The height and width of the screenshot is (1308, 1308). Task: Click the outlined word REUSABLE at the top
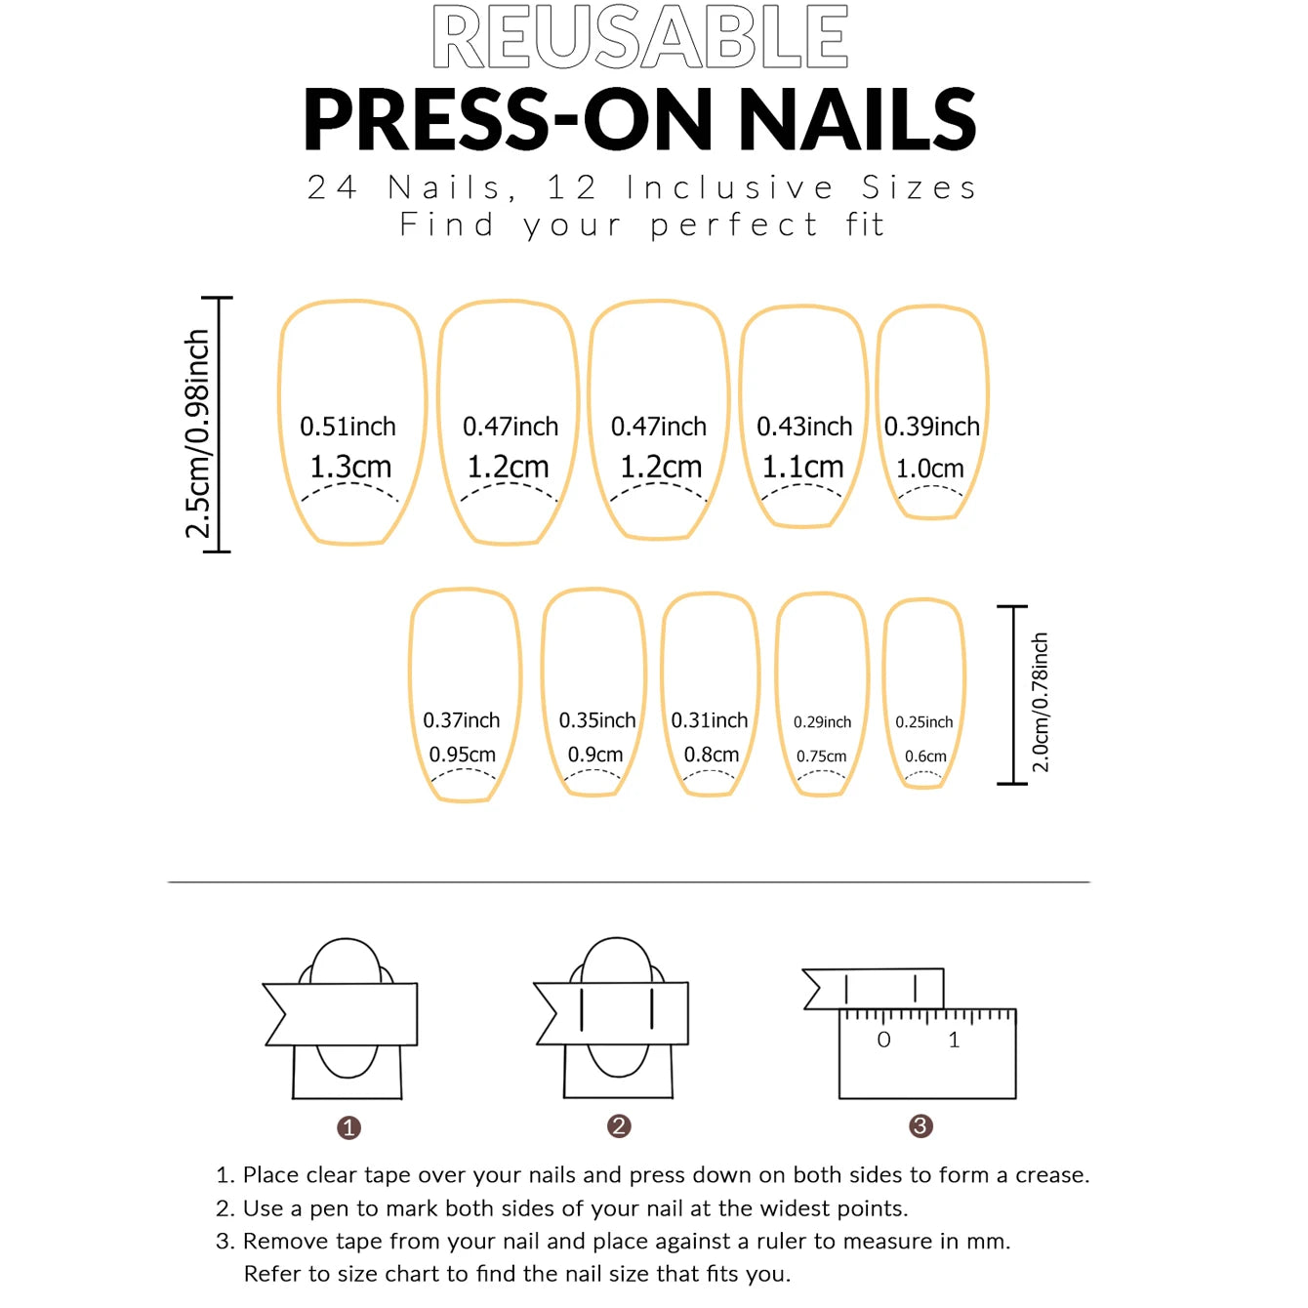640,37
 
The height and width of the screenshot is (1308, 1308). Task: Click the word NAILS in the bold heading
857,119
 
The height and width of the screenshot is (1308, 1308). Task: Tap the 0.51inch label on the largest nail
347,427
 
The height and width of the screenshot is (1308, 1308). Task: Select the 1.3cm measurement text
350,468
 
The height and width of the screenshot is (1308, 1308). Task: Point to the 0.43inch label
804,427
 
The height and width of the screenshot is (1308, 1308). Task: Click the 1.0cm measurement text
929,469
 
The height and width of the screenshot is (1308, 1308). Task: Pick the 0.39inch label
931,427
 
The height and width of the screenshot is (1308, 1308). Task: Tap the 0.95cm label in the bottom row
463,755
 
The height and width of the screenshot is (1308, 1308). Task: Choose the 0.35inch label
596,720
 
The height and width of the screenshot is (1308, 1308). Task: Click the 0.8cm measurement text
711,755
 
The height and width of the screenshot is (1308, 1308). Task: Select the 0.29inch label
822,722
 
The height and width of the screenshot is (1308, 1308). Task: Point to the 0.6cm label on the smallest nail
925,756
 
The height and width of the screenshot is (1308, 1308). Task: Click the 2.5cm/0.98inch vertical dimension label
198,433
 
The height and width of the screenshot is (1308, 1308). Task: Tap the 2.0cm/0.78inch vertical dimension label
1041,702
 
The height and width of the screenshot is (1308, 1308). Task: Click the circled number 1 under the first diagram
348,1127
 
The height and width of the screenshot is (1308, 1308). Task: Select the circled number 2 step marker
619,1126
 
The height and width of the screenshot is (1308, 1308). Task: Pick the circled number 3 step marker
920,1126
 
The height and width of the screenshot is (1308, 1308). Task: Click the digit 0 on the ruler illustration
883,1040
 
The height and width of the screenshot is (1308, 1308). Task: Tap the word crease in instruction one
1050,1175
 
